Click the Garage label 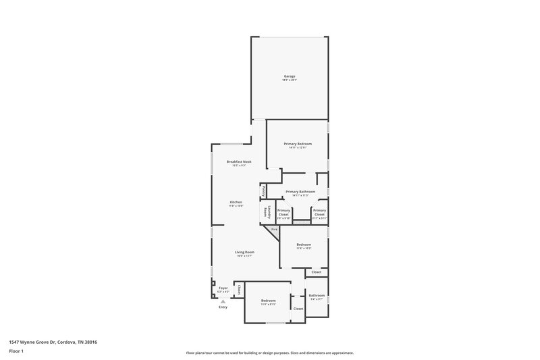[290, 77]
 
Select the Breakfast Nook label [239, 162]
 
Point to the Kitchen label [236, 203]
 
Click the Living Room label [244, 253]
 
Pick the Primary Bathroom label [300, 192]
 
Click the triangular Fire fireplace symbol [274, 231]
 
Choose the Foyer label [223, 288]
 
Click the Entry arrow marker [223, 301]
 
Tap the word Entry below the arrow [223, 307]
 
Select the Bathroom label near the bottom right [317, 296]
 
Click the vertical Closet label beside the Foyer [239, 290]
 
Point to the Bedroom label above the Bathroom [304, 246]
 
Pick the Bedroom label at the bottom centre [269, 301]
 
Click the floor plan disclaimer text [269, 353]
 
